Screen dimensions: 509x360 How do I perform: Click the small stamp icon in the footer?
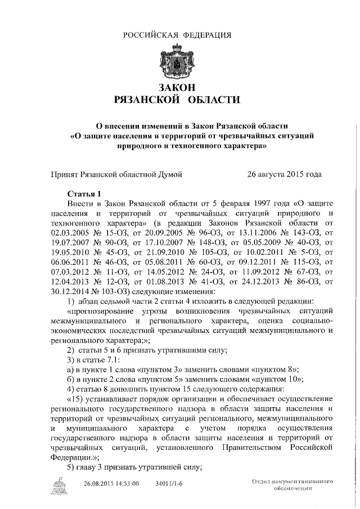pyautogui.click(x=59, y=484)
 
